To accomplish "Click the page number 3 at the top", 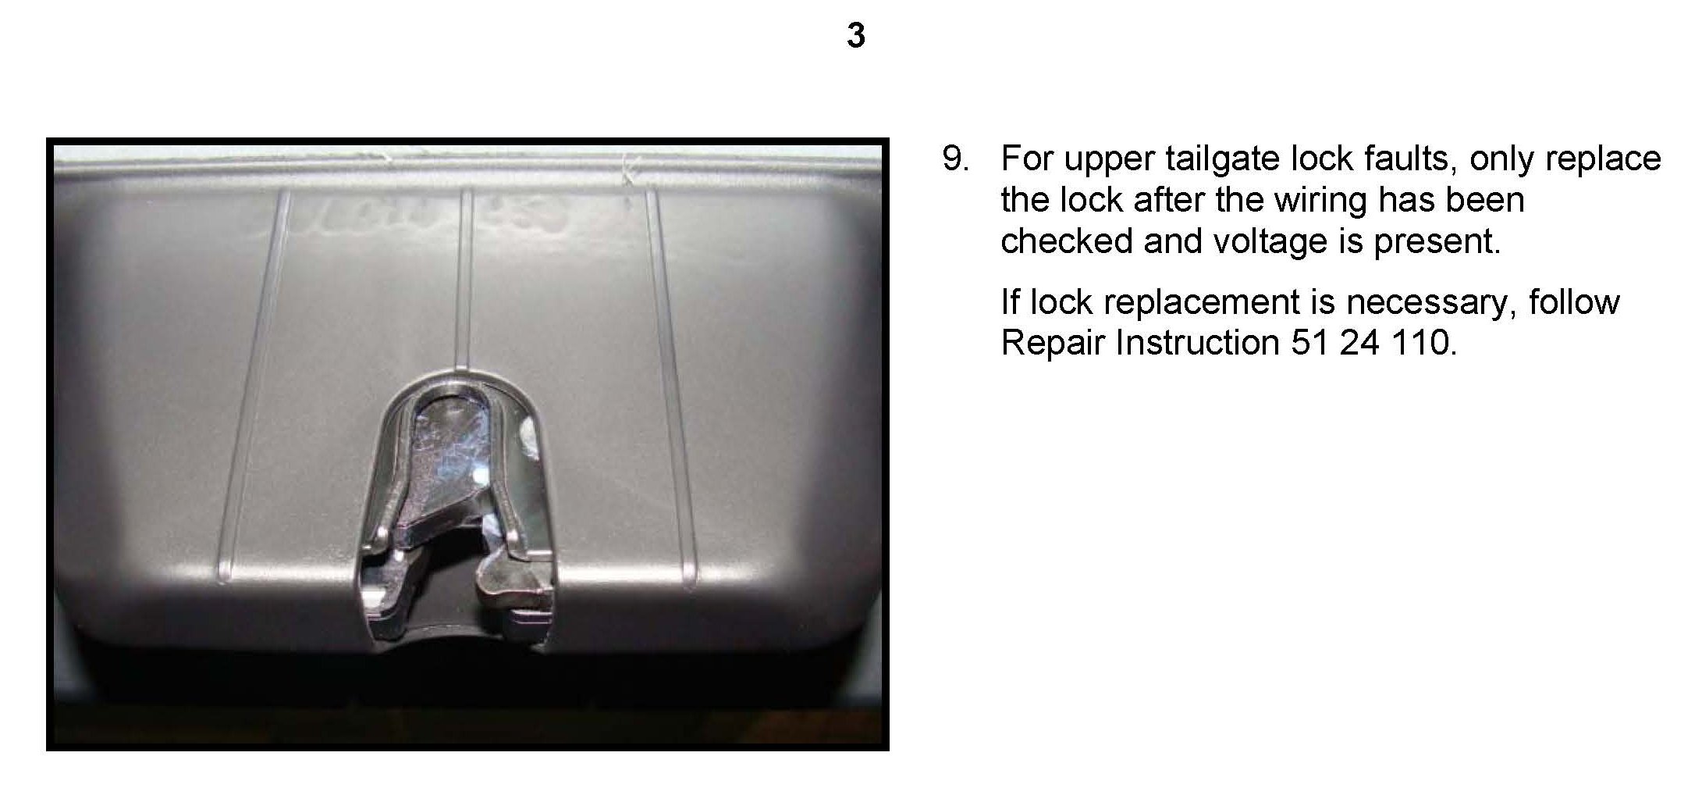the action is click(856, 35).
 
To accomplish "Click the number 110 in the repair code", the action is click(1423, 343).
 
